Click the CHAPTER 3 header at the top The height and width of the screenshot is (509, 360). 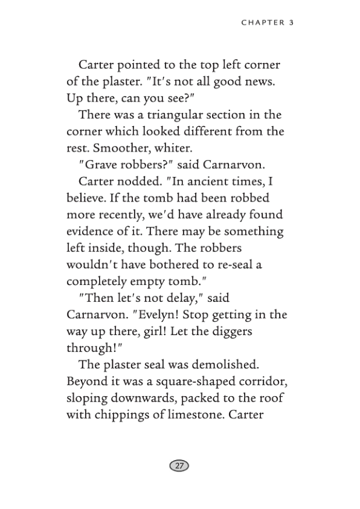[x=267, y=23]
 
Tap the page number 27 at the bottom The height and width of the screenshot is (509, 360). [x=179, y=466]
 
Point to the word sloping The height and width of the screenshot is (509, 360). [x=87, y=398]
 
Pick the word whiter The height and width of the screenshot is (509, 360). [x=184, y=147]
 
